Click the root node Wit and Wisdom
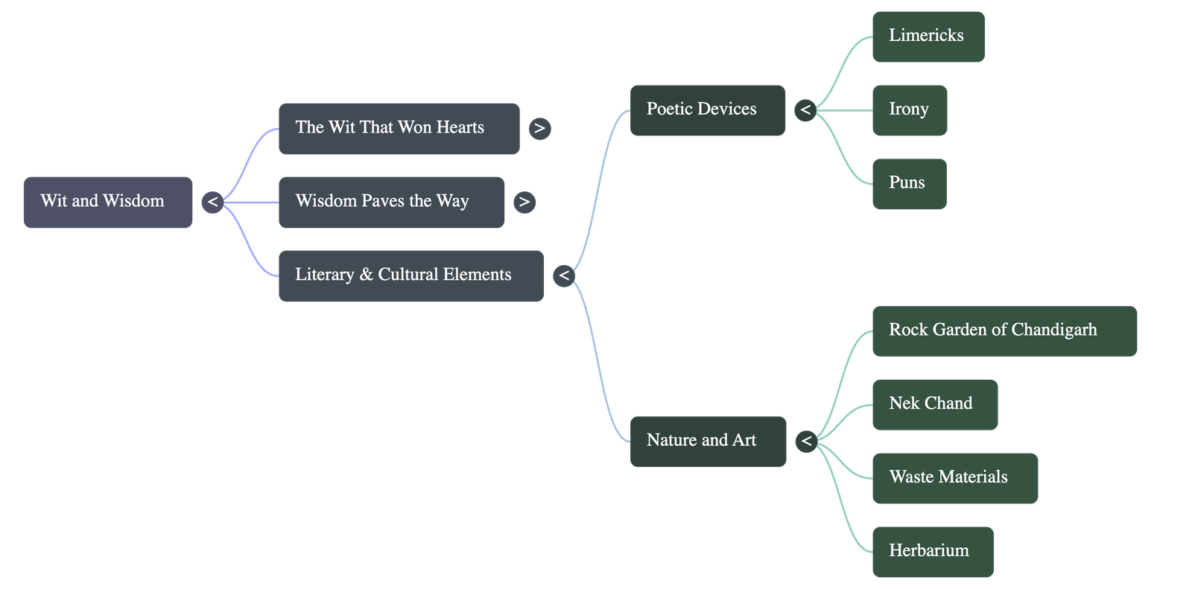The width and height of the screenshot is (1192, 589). click(x=108, y=202)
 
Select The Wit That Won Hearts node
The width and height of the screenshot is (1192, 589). click(x=399, y=129)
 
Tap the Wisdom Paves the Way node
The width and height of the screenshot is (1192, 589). click(x=391, y=202)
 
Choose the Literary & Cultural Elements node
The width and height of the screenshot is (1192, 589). click(x=410, y=276)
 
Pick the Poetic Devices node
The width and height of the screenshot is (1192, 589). click(x=707, y=109)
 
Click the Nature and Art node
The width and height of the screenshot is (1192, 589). click(x=708, y=442)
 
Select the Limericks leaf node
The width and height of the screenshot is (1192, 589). click(x=928, y=36)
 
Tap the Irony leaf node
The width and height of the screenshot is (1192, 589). click(x=910, y=110)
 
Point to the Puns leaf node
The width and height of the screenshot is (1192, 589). click(x=909, y=183)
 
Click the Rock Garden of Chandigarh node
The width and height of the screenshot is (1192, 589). click(x=1004, y=331)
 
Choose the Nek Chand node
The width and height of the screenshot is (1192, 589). click(x=934, y=404)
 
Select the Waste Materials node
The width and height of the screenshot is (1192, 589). click(x=954, y=478)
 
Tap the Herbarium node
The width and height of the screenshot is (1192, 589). click(x=932, y=552)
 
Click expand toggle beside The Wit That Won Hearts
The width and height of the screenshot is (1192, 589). click(x=539, y=129)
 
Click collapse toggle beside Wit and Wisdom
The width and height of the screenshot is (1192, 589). click(x=212, y=202)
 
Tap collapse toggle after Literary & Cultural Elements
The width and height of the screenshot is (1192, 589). click(x=564, y=276)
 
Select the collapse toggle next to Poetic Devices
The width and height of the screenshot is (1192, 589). click(x=805, y=111)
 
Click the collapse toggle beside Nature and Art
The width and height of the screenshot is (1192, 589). click(x=805, y=442)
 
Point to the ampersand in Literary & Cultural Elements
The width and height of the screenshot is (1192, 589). click(x=366, y=275)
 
